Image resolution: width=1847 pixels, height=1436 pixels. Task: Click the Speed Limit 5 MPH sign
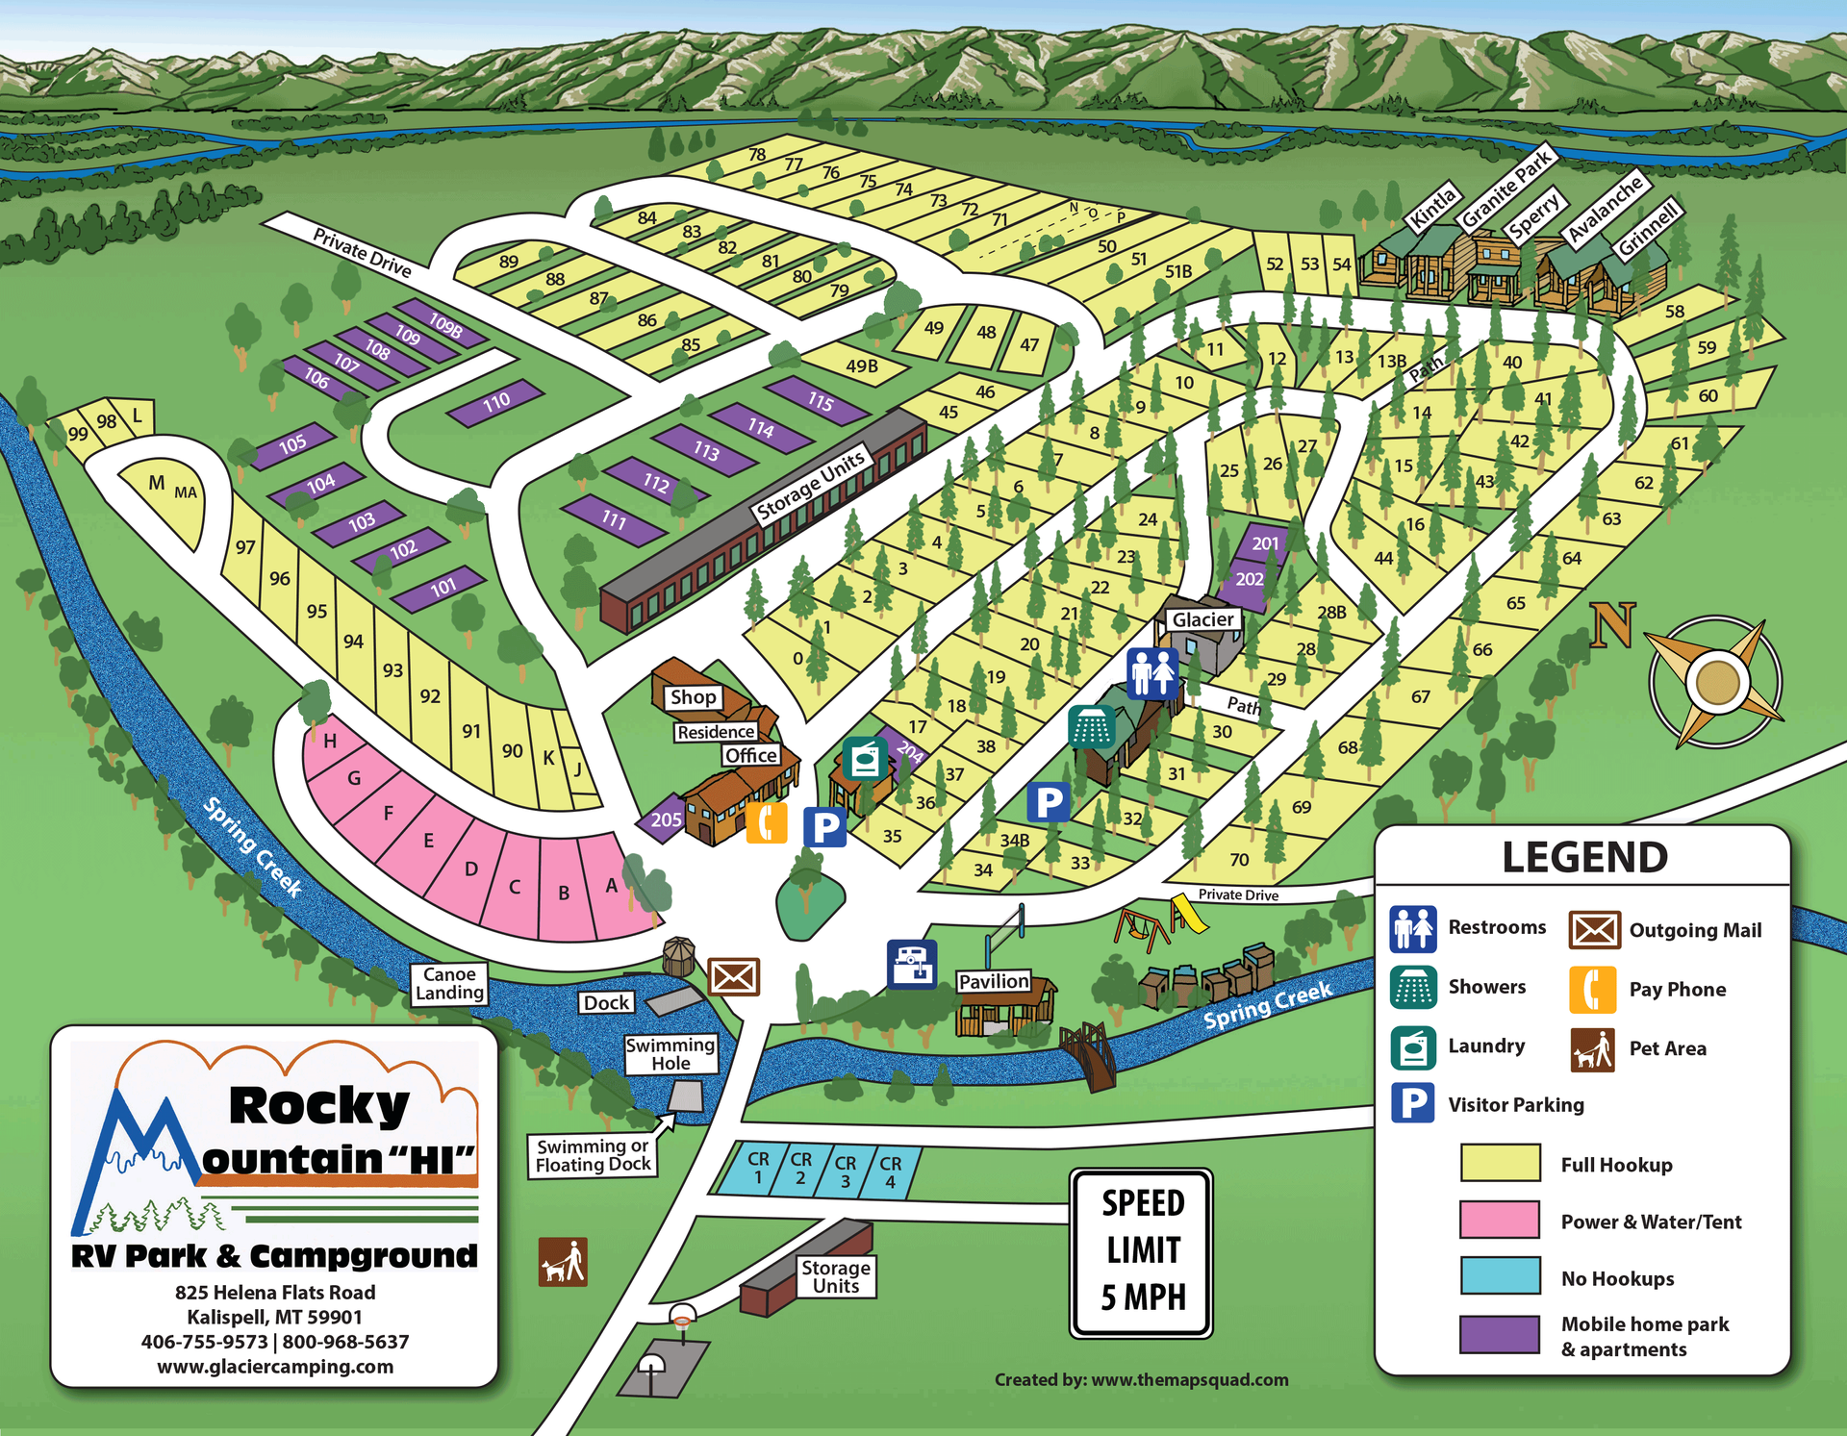(1141, 1252)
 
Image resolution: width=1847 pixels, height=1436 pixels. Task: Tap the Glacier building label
(1202, 620)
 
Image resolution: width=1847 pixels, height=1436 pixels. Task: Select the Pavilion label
(994, 981)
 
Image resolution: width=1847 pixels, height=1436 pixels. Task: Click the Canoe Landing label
(449, 984)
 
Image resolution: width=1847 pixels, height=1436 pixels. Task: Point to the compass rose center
(1717, 683)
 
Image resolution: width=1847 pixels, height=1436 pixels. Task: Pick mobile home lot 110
(496, 403)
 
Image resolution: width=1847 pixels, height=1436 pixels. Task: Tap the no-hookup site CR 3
(845, 1171)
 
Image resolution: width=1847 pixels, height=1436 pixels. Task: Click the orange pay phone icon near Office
(767, 822)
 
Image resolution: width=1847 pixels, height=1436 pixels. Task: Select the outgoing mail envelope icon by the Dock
(734, 977)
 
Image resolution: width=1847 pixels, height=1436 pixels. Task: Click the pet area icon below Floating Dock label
(563, 1262)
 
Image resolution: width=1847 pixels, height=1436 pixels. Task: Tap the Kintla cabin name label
(1432, 206)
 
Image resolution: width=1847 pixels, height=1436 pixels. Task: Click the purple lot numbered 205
(665, 819)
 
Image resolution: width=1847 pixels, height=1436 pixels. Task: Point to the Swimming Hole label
(670, 1054)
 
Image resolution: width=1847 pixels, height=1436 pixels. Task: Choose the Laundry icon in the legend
(1413, 1047)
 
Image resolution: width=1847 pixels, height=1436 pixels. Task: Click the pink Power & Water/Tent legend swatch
(1499, 1220)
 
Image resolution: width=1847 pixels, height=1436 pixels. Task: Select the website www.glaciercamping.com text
(275, 1367)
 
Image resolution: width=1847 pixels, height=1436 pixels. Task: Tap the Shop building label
(693, 697)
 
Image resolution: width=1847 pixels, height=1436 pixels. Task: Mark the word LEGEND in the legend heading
(1584, 857)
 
